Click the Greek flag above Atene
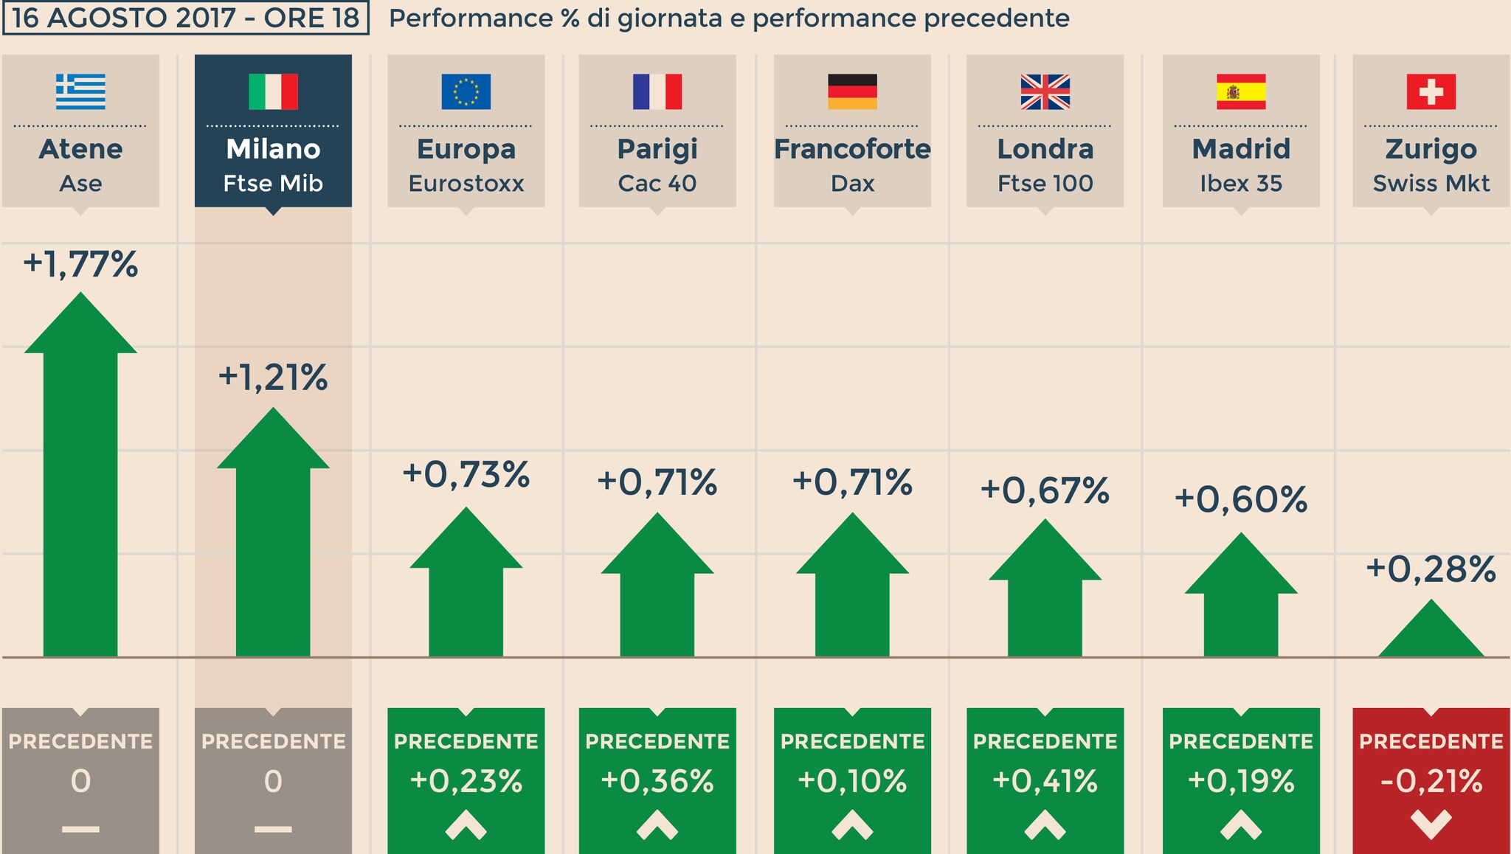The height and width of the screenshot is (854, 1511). [x=80, y=91]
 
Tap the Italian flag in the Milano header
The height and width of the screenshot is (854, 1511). [x=273, y=91]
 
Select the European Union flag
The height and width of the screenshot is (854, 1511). [x=466, y=91]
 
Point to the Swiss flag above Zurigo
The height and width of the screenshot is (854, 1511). [x=1431, y=91]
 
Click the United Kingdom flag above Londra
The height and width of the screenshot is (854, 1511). [x=1045, y=91]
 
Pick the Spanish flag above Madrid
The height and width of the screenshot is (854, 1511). [x=1241, y=91]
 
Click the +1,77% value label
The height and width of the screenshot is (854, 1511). [x=80, y=264]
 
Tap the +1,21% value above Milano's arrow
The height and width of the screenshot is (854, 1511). [x=273, y=378]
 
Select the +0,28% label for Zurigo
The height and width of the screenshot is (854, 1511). [x=1431, y=569]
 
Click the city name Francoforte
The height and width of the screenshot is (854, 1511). [x=852, y=149]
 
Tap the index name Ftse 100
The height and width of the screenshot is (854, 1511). [x=1045, y=183]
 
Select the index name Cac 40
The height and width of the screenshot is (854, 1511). [x=657, y=183]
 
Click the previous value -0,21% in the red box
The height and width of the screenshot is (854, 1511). [x=1431, y=781]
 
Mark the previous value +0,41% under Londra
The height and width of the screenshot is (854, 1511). [x=1045, y=781]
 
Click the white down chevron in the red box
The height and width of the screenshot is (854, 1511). [x=1431, y=824]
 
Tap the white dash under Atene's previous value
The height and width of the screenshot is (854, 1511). [x=80, y=829]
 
